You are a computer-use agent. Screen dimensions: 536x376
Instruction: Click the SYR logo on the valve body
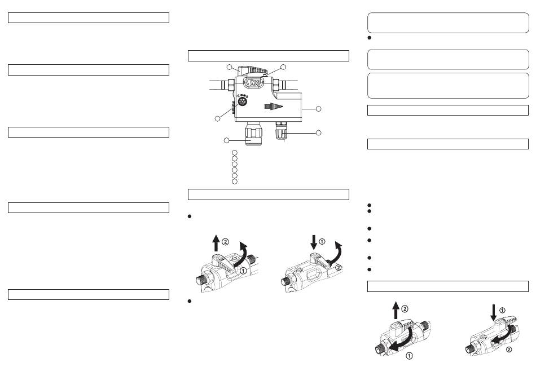(254, 82)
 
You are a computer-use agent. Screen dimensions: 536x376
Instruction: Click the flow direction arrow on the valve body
(274, 106)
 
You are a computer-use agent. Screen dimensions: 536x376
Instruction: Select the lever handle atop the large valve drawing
(252, 70)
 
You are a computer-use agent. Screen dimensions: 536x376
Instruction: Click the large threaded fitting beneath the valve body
(253, 134)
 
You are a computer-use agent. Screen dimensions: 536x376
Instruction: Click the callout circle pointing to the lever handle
(230, 67)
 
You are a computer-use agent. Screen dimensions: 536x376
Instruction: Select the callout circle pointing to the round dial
(217, 118)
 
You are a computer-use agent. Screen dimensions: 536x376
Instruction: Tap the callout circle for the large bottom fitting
(226, 140)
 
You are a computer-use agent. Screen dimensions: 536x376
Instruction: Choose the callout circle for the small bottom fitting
(319, 132)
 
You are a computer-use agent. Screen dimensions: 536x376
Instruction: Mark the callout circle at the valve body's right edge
(319, 109)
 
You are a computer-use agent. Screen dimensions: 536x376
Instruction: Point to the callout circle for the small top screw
(283, 67)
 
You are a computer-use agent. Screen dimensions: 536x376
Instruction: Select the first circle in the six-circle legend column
(235, 152)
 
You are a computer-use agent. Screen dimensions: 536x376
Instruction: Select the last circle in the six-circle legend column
(235, 182)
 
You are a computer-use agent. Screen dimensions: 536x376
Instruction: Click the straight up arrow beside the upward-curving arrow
(216, 243)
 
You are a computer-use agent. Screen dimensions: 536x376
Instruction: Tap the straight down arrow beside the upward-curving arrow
(314, 242)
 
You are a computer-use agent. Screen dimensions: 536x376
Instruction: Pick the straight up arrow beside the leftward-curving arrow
(396, 310)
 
